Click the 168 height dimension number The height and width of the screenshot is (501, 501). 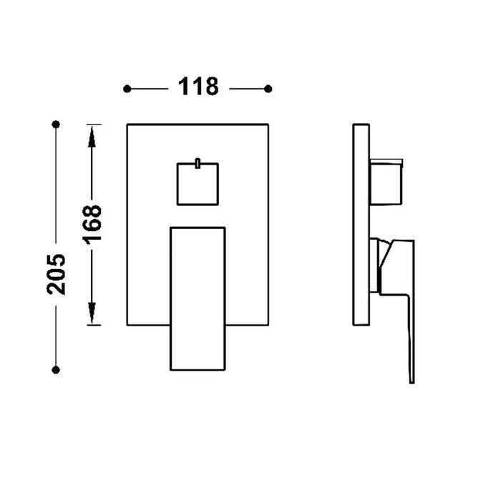(92, 223)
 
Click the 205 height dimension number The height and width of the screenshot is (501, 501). (56, 273)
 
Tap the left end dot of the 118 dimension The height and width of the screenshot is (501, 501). (127, 88)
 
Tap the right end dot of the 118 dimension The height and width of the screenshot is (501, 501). (268, 88)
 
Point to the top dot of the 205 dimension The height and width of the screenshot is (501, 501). (56, 124)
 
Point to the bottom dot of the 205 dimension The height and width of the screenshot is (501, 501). (56, 369)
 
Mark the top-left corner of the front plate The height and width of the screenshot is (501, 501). (127, 125)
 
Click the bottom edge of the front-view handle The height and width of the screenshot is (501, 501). (198, 369)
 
